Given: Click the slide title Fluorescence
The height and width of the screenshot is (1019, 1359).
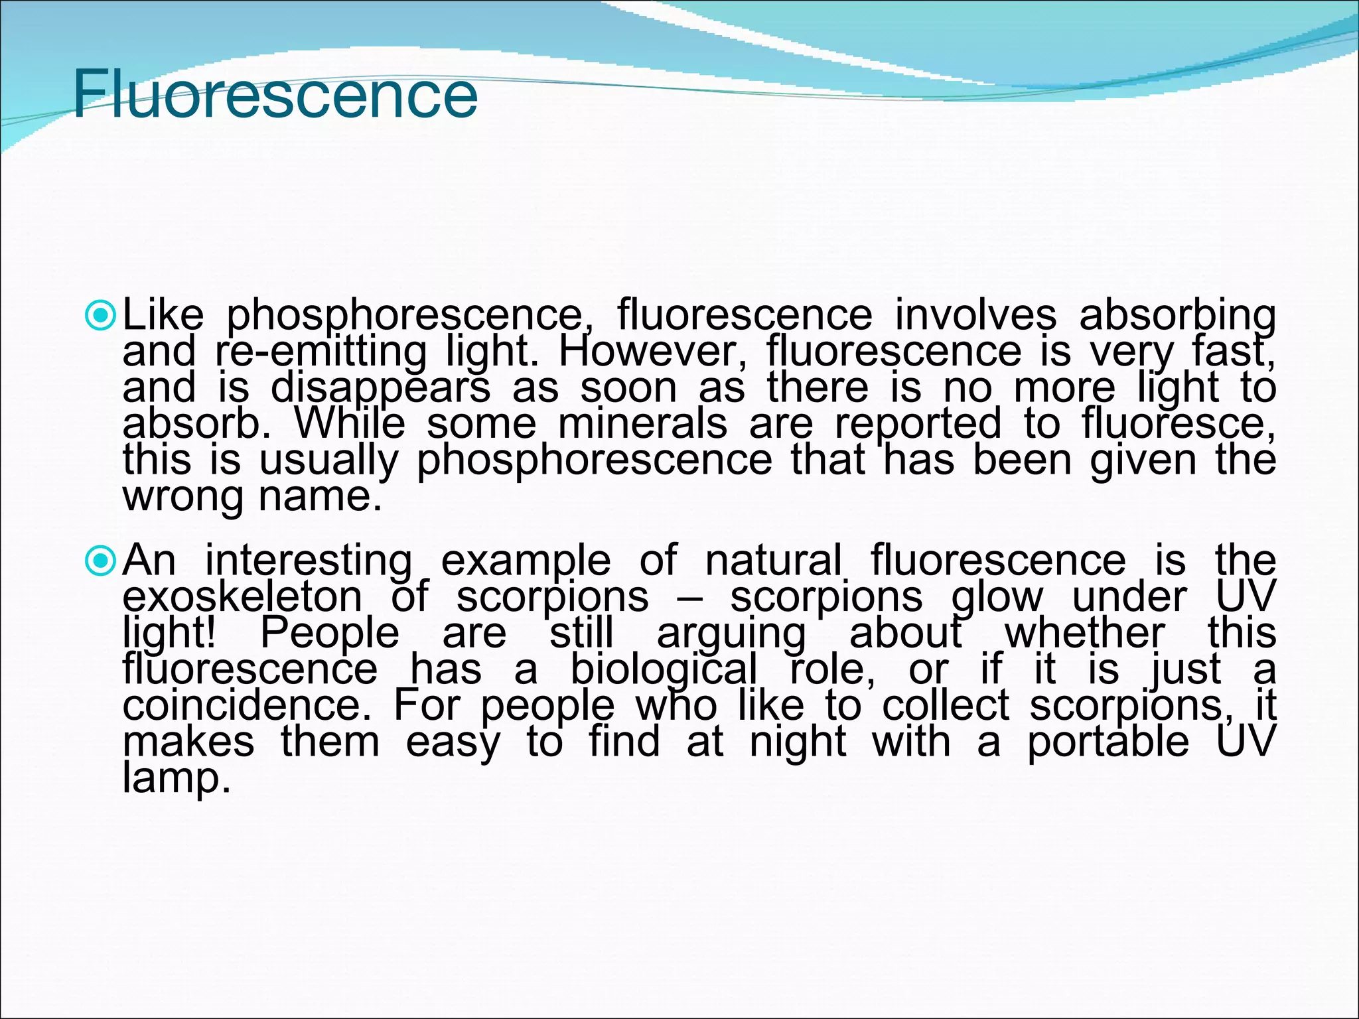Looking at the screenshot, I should coord(275,95).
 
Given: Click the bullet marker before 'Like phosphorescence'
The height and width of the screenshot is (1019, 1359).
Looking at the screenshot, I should coord(101,316).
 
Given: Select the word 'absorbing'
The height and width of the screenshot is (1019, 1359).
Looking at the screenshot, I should coord(1177,315).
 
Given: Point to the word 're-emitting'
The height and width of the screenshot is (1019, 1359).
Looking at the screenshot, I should coord(321,352).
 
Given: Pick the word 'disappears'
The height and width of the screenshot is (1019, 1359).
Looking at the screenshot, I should coord(380,388).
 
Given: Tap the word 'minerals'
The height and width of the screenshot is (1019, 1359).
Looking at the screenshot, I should coord(642,423).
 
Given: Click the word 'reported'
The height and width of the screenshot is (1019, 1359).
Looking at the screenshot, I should coord(918,425).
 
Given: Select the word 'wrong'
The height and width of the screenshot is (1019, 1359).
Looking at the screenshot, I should coord(184,498).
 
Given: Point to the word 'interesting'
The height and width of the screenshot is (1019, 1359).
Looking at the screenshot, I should coord(308,561).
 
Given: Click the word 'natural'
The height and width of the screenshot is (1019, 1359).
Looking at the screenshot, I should coord(773,560).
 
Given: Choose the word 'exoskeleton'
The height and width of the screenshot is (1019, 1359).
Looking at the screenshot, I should coord(242,596).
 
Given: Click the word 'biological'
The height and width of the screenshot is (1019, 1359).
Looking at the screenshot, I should coord(664,669).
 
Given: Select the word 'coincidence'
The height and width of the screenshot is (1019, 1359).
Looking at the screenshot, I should coord(246,705).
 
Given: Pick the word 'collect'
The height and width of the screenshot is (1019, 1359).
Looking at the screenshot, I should coord(946,705).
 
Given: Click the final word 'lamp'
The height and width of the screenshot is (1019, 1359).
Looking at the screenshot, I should coord(177,778).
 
